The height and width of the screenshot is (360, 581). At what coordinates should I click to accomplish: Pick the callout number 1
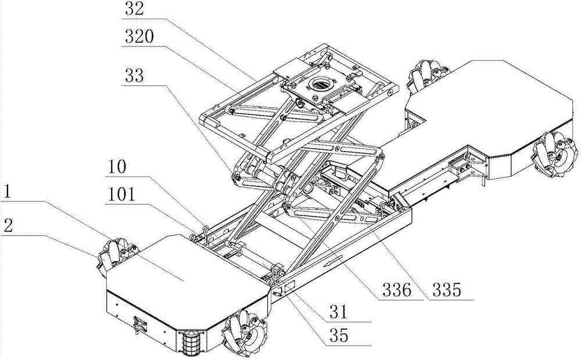click(x=9, y=192)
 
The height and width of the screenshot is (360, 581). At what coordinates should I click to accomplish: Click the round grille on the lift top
click(x=320, y=85)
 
